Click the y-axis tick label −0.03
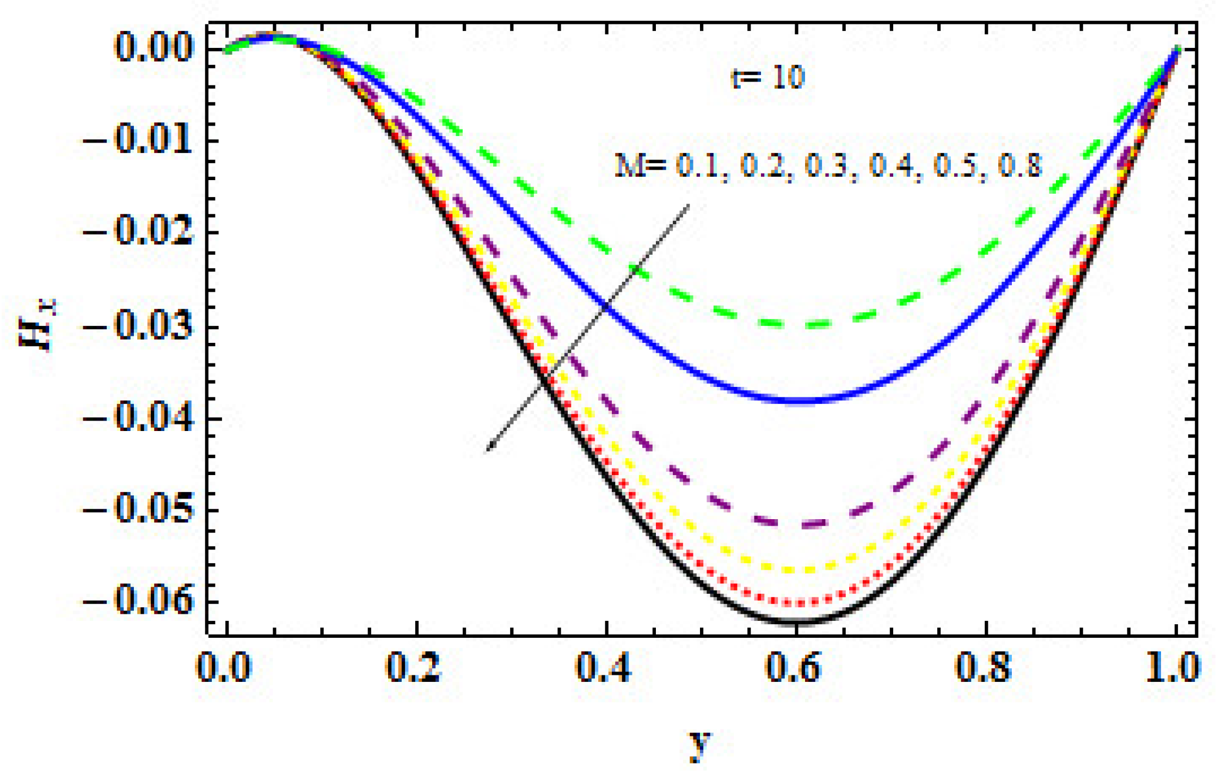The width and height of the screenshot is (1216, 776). pos(137,327)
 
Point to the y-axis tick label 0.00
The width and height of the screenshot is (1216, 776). pos(154,48)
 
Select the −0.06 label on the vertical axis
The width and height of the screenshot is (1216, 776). pos(137,601)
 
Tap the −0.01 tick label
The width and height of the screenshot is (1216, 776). pos(137,140)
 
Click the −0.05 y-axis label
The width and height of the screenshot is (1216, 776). pos(137,510)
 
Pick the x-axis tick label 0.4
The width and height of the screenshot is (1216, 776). pos(605,668)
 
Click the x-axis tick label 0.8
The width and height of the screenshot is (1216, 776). pos(984,668)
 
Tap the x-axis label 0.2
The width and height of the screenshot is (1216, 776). pos(415,668)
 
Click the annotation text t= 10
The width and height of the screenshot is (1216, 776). pos(767,77)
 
